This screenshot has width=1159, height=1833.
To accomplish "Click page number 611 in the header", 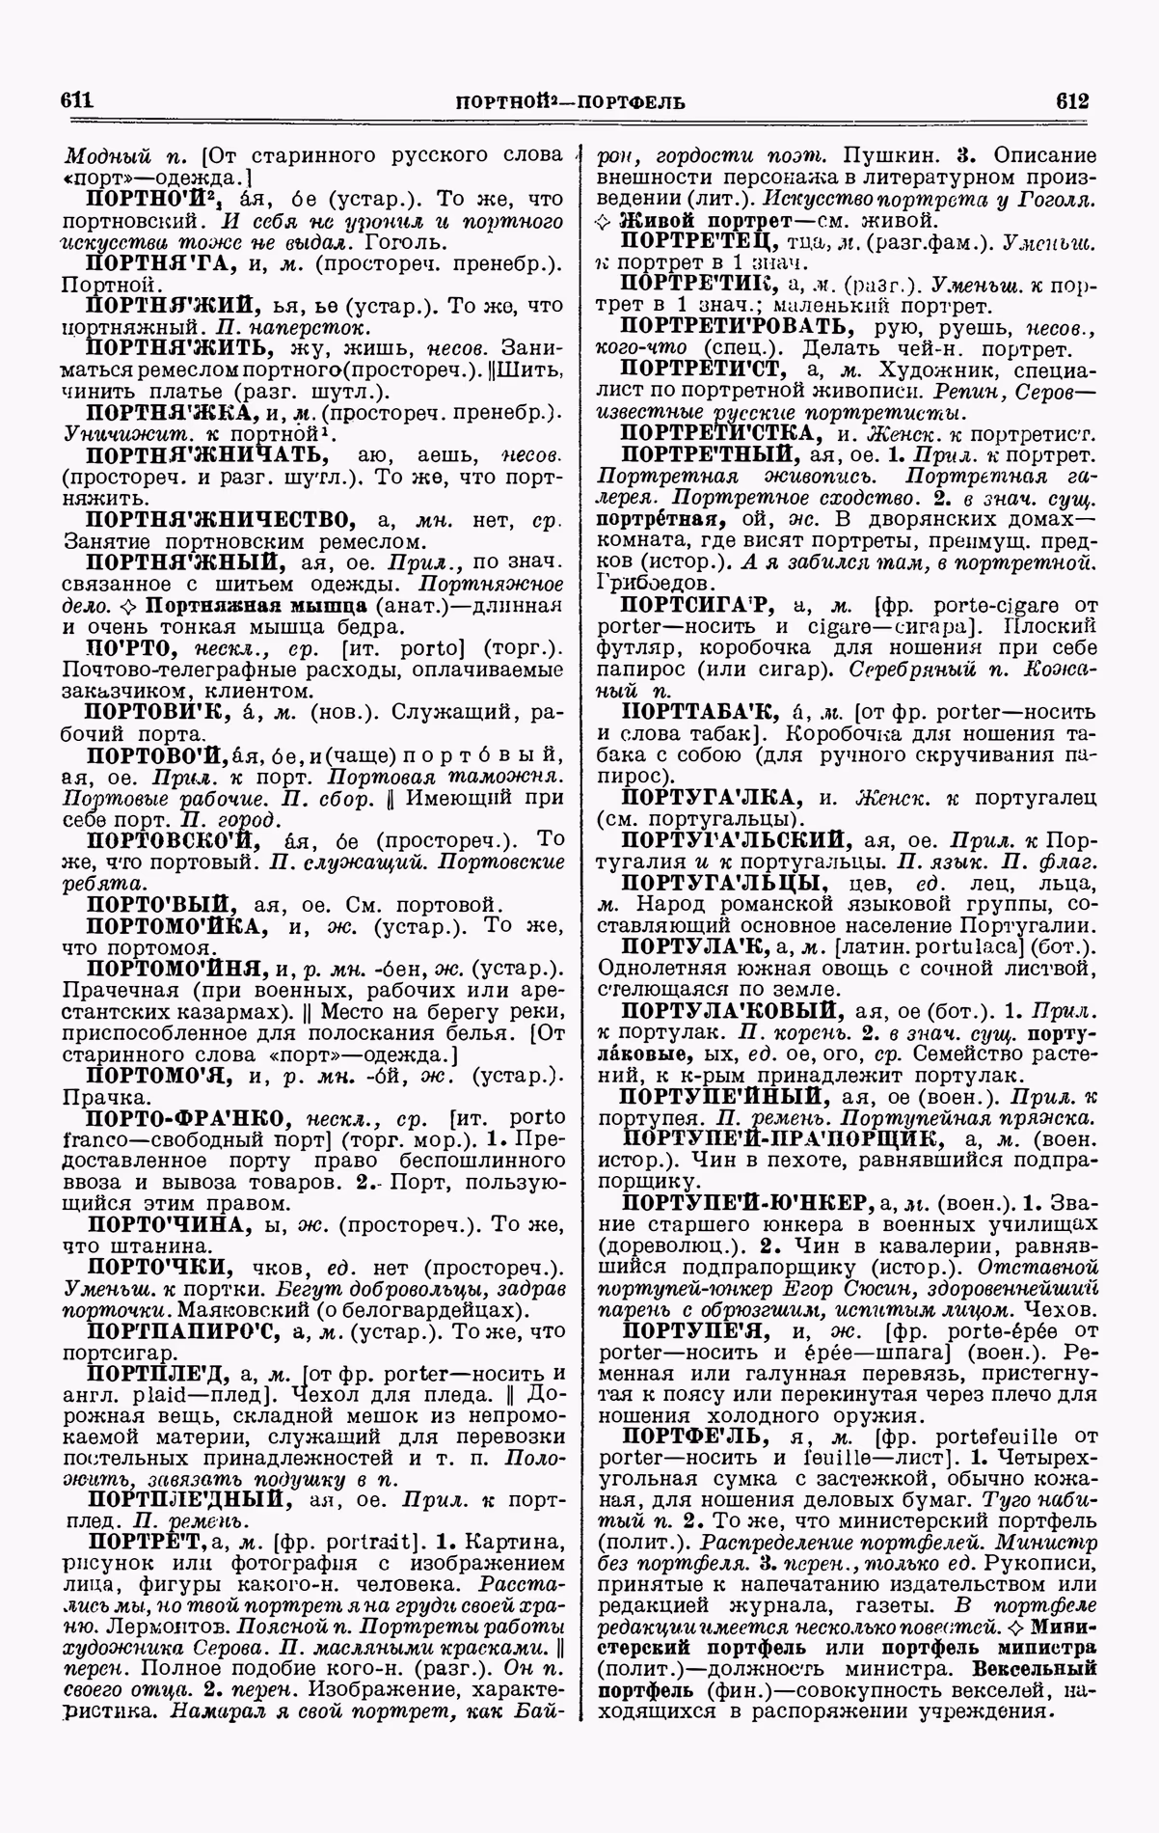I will tap(75, 100).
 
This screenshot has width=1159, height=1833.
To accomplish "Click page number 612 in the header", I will tap(1071, 100).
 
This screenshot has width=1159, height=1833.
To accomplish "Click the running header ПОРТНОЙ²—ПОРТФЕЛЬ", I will tap(570, 101).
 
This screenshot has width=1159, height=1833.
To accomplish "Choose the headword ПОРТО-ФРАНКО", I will tap(189, 1118).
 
